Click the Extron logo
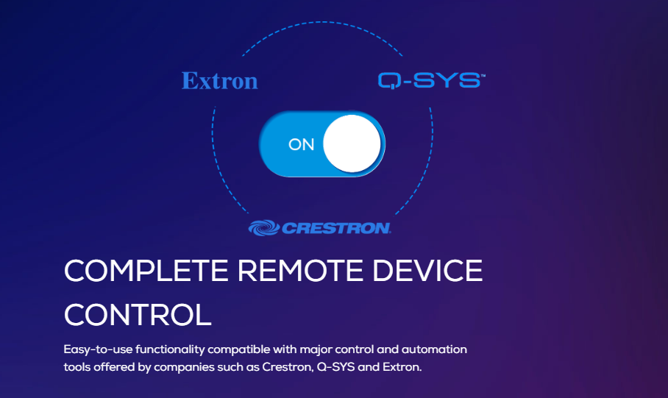click(x=220, y=80)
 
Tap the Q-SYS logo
click(x=432, y=80)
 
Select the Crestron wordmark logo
click(x=319, y=228)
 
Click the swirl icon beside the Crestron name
click(x=264, y=228)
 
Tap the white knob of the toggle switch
click(x=352, y=143)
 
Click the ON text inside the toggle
click(x=301, y=145)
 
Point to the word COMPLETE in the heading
click(x=146, y=271)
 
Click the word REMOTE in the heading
click(x=301, y=271)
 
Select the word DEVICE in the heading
click(x=427, y=271)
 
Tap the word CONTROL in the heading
click(x=138, y=315)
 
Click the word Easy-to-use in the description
click(x=98, y=350)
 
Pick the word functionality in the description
click(x=170, y=350)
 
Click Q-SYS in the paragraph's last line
click(x=335, y=367)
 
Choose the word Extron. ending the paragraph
click(x=402, y=367)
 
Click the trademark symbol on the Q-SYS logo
click(x=483, y=75)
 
